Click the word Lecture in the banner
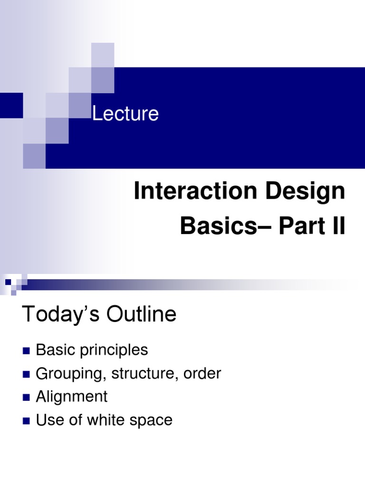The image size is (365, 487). pos(125,114)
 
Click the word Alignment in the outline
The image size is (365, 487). pos(72,397)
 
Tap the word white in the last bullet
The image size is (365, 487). pos(106,420)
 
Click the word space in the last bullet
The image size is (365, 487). pos(151,421)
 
